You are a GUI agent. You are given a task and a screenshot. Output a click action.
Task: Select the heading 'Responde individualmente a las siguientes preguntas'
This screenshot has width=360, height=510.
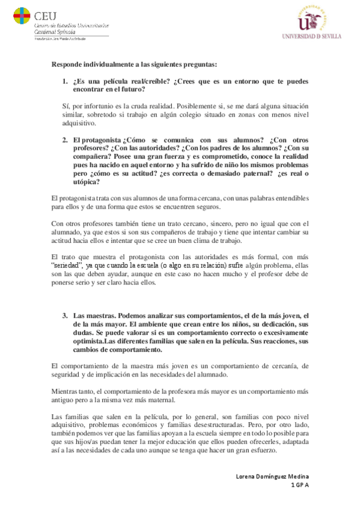[x=135, y=64]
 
